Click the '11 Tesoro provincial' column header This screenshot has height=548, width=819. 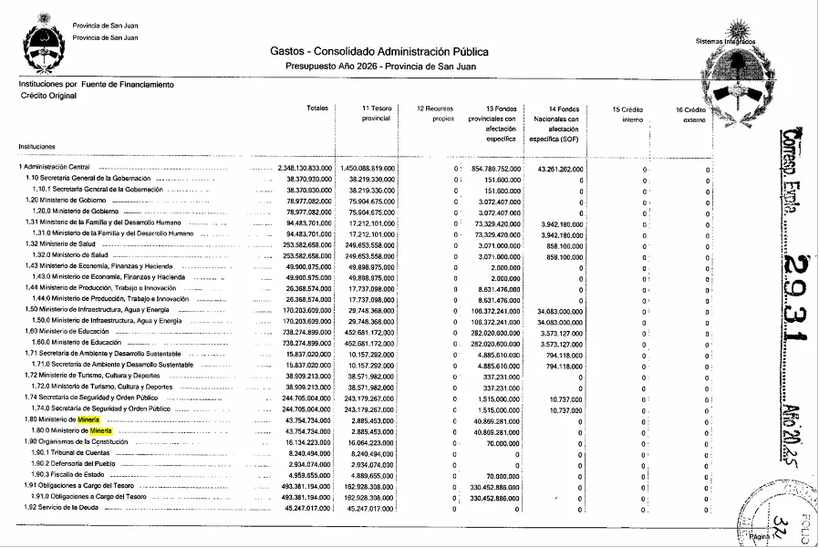click(x=376, y=114)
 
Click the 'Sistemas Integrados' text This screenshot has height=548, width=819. click(x=725, y=41)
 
